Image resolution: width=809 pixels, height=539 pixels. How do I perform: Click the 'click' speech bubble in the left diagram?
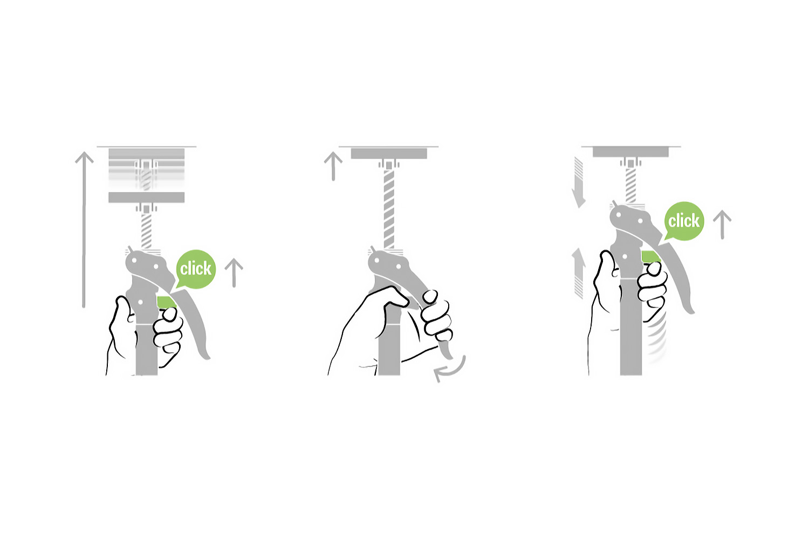[195, 269]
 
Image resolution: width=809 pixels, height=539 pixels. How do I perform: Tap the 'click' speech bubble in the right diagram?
[684, 221]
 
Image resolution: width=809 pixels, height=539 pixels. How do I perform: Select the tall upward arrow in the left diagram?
[84, 230]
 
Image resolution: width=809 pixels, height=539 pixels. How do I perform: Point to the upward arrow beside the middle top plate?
[333, 166]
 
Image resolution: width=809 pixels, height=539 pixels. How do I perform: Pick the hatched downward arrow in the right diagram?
[579, 182]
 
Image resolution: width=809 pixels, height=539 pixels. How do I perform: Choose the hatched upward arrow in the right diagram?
[579, 273]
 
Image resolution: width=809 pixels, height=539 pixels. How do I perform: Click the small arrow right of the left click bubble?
[234, 273]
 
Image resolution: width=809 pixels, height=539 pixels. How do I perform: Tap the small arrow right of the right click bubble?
[722, 224]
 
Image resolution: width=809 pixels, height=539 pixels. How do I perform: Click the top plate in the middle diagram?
[389, 153]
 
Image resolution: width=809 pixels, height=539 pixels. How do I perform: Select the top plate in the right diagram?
[630, 152]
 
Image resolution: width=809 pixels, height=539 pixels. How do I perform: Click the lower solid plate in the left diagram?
[147, 197]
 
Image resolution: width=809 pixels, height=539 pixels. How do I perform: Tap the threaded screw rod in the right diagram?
[630, 185]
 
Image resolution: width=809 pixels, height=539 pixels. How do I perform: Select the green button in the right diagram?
[651, 257]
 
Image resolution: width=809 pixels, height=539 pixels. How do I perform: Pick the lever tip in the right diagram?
[689, 309]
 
